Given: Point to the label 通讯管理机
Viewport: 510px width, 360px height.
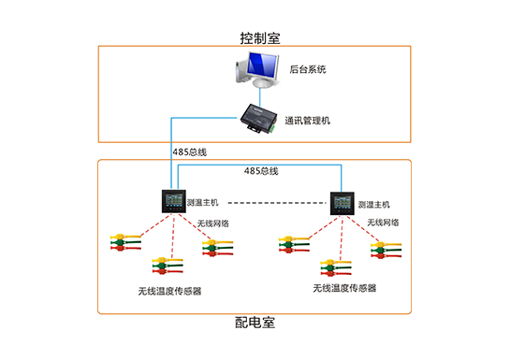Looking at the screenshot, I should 308,120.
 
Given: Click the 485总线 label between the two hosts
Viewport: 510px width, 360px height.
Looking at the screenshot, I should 261,171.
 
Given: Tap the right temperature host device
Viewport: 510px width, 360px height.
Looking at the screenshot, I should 342,202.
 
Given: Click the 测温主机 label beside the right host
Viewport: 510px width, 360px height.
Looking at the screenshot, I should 373,203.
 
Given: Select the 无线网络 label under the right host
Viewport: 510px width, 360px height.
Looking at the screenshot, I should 382,223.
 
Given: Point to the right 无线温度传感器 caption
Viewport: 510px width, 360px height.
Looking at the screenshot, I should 344,288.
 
